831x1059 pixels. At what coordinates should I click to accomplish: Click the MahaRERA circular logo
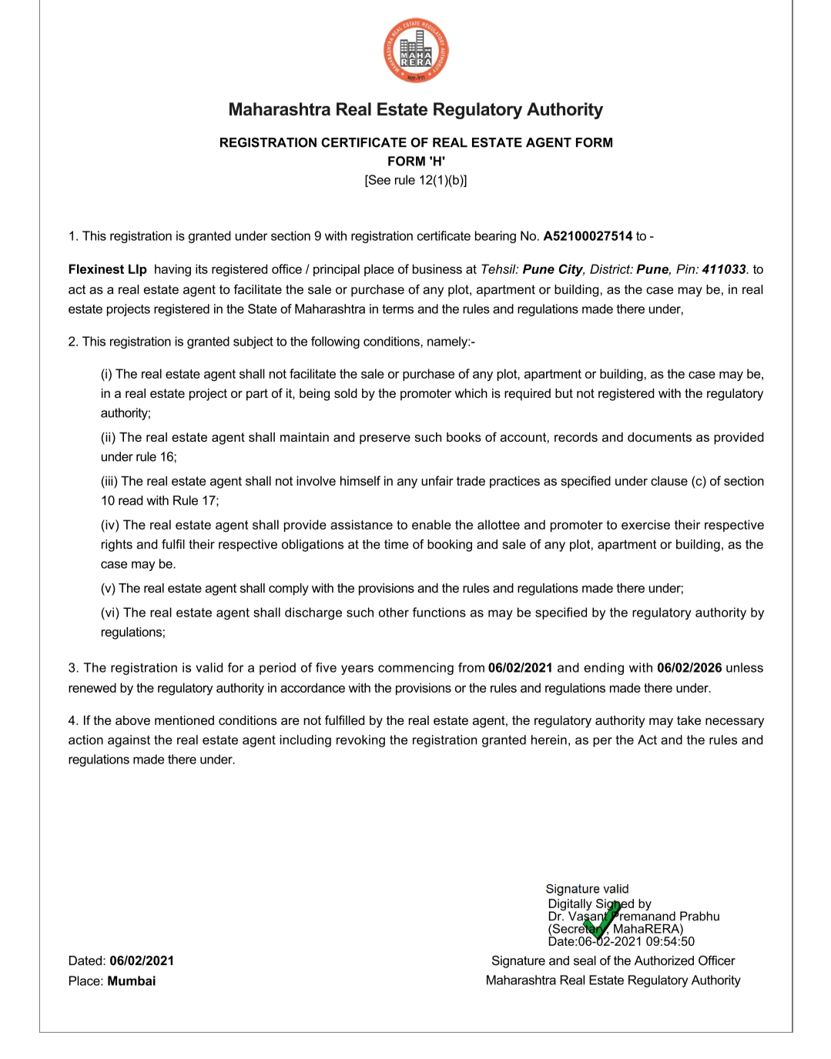click(x=416, y=51)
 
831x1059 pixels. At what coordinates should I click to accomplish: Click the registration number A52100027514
click(x=588, y=236)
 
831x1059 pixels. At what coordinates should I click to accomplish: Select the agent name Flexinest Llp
click(x=107, y=269)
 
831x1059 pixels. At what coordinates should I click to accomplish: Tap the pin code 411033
click(x=724, y=269)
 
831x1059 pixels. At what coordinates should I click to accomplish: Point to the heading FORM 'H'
click(x=416, y=161)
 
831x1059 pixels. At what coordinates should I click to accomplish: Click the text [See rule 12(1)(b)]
click(x=416, y=180)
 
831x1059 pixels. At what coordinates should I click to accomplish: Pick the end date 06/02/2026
click(x=689, y=668)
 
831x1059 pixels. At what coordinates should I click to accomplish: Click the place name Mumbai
click(x=132, y=980)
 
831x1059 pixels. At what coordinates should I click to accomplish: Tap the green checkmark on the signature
click(x=601, y=923)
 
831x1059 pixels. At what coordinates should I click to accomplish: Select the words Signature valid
click(x=587, y=889)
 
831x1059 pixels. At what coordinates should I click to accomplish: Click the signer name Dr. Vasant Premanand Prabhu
click(x=634, y=917)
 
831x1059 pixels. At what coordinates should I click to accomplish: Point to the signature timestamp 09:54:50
click(x=670, y=941)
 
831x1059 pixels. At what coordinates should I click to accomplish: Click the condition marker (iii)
click(x=109, y=481)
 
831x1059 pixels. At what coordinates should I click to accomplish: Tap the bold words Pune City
click(x=552, y=269)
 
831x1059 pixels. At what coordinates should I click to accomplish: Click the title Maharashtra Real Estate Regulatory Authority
click(x=416, y=109)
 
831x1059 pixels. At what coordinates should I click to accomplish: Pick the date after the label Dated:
click(x=142, y=960)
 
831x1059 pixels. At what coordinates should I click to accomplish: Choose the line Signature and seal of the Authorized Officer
click(x=613, y=960)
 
